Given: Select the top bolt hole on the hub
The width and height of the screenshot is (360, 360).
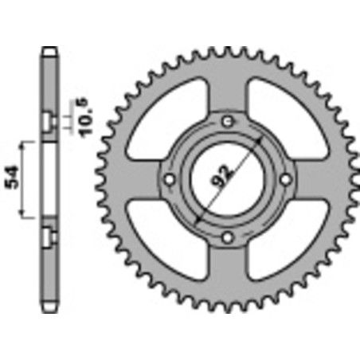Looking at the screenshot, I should pyautogui.click(x=228, y=120).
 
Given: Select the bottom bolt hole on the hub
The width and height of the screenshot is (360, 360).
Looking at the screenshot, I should pyautogui.click(x=228, y=237).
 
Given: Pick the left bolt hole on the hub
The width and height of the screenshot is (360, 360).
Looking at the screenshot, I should pyautogui.click(x=170, y=178).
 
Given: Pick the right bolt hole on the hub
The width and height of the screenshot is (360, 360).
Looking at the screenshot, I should pyautogui.click(x=286, y=178).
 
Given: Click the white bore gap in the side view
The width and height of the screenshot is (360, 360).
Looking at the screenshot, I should pyautogui.click(x=50, y=178).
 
